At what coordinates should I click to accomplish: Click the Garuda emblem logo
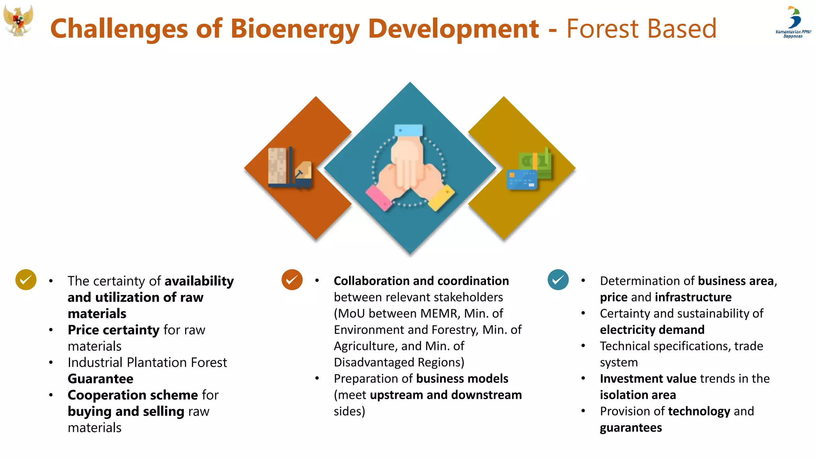[x=18, y=21]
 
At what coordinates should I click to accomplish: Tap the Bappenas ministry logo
[x=793, y=21]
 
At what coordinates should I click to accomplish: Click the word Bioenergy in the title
[x=295, y=29]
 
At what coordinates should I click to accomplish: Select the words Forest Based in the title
[x=641, y=29]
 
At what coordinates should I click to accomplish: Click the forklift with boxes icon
[x=290, y=168]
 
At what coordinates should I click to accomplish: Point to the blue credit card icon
[x=522, y=179]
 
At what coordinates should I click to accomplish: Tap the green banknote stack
[x=536, y=163]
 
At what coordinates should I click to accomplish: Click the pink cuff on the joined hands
[x=379, y=198]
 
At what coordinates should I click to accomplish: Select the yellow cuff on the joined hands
[x=441, y=198]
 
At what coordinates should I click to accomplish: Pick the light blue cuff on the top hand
[x=408, y=130]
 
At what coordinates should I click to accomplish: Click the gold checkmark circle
[x=26, y=280]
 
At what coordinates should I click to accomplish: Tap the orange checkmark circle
[x=292, y=280]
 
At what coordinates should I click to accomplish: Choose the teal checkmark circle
[x=558, y=280]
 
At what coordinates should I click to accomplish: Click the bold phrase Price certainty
[x=113, y=330]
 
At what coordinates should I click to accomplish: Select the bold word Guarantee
[x=100, y=379]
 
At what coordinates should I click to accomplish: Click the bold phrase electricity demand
[x=652, y=330]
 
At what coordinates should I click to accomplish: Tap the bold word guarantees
[x=631, y=428]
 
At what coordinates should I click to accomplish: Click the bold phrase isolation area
[x=638, y=395]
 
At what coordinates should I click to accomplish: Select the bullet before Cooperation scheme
[x=51, y=395]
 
